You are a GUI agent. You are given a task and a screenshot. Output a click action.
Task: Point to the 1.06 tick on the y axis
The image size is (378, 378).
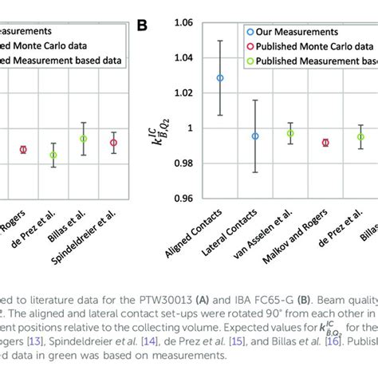click(x=184, y=24)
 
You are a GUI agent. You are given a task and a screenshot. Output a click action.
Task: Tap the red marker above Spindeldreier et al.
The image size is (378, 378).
click(x=113, y=143)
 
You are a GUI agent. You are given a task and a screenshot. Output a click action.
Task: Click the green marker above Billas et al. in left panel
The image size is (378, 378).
click(x=84, y=139)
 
